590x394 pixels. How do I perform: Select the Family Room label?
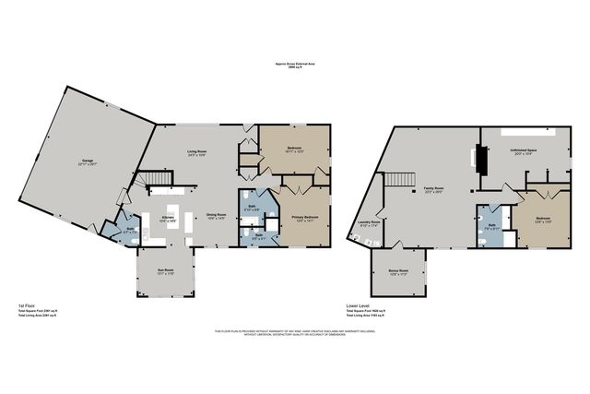[x=434, y=191]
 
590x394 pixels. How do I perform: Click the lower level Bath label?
[x=492, y=225]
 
